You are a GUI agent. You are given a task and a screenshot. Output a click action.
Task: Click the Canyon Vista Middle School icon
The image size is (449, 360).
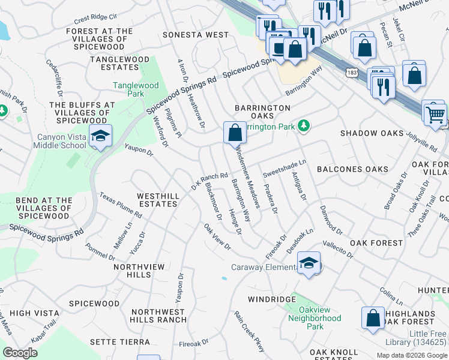(x=100, y=136)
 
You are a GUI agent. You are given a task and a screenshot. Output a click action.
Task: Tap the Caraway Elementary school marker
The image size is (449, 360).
(x=309, y=264)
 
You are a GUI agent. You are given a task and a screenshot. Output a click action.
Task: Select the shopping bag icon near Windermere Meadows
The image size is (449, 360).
(x=235, y=132)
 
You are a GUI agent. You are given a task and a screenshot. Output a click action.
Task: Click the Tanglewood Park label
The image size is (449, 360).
(x=136, y=90)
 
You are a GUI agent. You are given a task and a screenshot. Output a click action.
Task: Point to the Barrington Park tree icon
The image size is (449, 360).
(x=305, y=126)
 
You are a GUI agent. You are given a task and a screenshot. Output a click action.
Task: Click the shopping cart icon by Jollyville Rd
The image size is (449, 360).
(x=435, y=113)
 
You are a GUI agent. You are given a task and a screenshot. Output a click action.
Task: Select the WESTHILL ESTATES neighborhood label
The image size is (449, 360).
(x=157, y=200)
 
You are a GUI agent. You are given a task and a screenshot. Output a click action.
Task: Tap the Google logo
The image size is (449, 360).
(x=20, y=353)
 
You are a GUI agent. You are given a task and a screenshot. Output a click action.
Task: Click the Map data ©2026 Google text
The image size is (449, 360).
(x=412, y=355)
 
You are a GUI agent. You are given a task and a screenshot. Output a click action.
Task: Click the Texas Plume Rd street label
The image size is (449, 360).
(x=121, y=206)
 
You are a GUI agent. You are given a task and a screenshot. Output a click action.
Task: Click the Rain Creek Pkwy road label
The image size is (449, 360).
(x=249, y=328)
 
